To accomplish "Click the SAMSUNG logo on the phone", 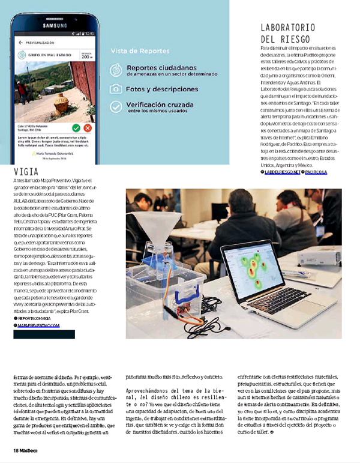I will [53, 25].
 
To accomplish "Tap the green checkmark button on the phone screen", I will [76, 128].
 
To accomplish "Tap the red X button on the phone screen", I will [88, 128].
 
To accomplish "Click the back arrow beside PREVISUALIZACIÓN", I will [20, 43].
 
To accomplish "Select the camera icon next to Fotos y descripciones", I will [116, 89].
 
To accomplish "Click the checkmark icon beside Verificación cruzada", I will [116, 107].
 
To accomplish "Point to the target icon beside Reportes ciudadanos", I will [116, 71].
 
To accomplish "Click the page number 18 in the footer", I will [16, 450].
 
